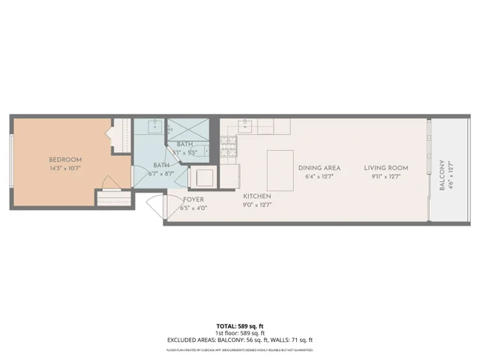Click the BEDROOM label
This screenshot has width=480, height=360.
tap(65, 160)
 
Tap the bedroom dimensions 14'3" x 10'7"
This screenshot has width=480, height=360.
tap(65, 169)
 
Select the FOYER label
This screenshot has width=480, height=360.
tap(193, 199)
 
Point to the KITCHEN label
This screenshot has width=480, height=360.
tap(256, 196)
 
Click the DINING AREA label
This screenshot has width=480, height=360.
tap(319, 168)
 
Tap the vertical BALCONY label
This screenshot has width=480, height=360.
tap(442, 174)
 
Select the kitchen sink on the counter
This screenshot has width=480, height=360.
tap(244, 124)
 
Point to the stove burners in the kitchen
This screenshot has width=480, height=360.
tap(228, 148)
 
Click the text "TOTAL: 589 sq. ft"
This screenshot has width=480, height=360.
tap(239, 326)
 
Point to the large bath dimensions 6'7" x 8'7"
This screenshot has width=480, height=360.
tap(161, 173)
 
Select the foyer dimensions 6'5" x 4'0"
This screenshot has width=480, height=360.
tap(193, 208)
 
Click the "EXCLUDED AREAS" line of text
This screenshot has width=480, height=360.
tap(239, 340)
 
